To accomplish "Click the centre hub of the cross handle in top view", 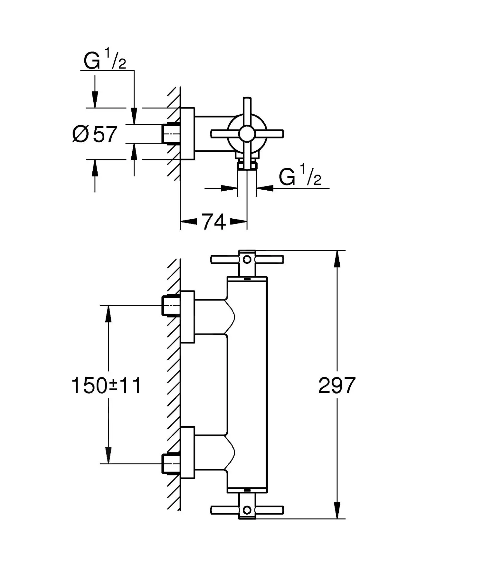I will (247, 133).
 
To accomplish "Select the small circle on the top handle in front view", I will (247, 259).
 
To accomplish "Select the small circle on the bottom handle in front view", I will (247, 509).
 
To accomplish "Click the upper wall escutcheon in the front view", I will (188, 317).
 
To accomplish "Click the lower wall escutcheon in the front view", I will (188, 452).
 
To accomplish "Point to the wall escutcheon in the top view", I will (188, 133).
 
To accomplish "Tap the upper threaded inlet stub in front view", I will (170, 305).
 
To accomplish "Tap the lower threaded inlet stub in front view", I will (170, 464).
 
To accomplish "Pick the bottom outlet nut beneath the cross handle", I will (247, 166).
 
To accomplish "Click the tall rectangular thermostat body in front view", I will (247, 385).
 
